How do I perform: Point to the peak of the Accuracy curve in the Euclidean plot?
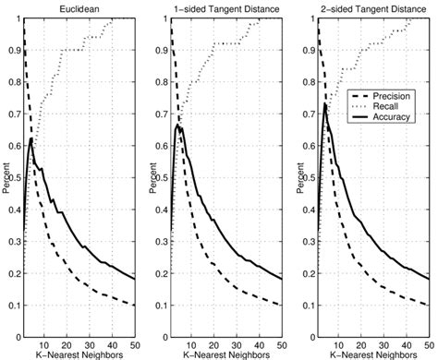(x=32, y=138)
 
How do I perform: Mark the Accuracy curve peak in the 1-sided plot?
(x=178, y=125)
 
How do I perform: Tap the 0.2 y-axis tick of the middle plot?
(x=164, y=272)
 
